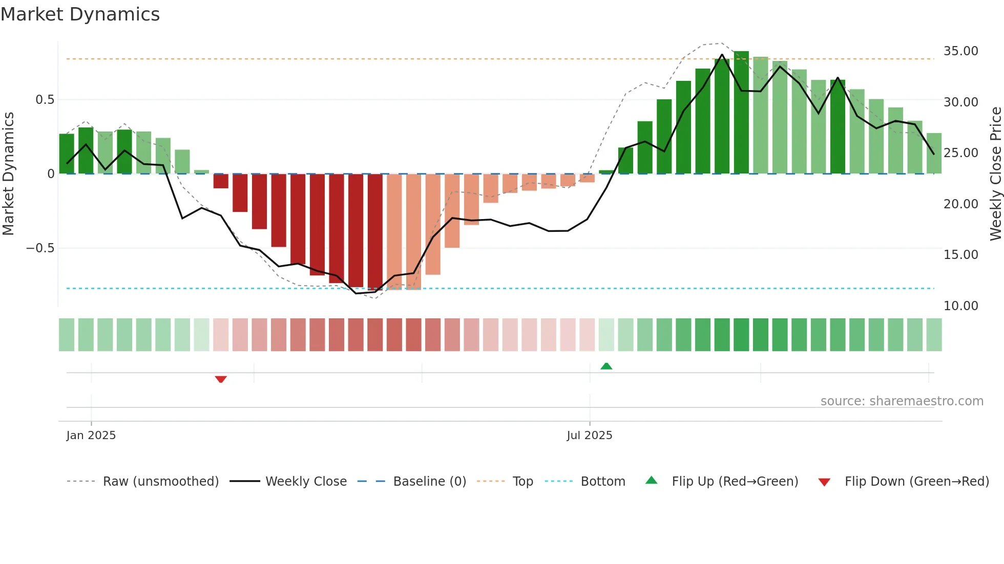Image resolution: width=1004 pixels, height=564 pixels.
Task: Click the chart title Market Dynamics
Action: click(x=80, y=14)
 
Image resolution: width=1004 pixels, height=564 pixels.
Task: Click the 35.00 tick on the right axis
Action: click(x=960, y=51)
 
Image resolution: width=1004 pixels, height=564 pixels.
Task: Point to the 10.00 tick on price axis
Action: click(x=960, y=306)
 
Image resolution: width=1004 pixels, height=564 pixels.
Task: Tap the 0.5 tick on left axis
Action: click(x=45, y=100)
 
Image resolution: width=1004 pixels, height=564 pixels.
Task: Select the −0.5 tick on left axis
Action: click(x=40, y=248)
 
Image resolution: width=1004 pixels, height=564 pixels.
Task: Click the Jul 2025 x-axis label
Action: click(x=589, y=436)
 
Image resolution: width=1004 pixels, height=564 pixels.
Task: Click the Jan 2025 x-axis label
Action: click(x=91, y=436)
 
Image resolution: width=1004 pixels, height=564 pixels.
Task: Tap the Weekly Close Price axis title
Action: click(x=995, y=174)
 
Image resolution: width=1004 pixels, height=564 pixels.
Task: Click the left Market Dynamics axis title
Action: click(x=8, y=174)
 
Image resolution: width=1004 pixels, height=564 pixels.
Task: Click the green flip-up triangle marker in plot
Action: click(x=606, y=366)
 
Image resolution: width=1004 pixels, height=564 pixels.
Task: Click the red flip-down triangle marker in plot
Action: click(x=221, y=379)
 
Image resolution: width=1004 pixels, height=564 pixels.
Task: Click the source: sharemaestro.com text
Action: click(x=902, y=401)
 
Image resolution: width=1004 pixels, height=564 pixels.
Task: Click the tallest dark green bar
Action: click(x=741, y=113)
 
